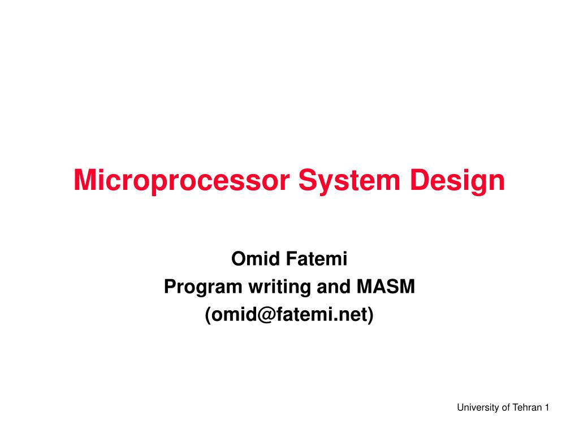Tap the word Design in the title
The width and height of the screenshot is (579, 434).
(x=459, y=181)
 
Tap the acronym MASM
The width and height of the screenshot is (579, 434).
(x=386, y=288)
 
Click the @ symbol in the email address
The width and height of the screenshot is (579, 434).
(x=269, y=315)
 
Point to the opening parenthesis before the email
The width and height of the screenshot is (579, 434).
(x=208, y=315)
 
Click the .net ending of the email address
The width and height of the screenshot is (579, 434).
(x=352, y=315)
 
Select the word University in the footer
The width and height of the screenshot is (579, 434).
(x=478, y=407)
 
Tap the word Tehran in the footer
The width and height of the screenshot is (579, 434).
(x=527, y=407)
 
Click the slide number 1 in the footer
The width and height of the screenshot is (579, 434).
(x=547, y=407)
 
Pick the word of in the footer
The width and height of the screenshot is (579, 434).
(x=506, y=407)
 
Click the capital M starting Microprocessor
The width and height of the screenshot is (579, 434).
(x=85, y=181)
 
